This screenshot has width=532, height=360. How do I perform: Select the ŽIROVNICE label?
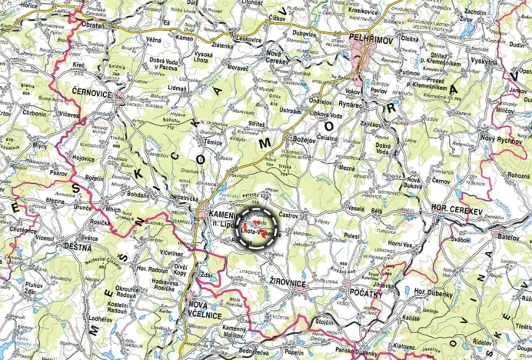coord(288,285)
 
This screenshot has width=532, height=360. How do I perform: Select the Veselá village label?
coord(355,208)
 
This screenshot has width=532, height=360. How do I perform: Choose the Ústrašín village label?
coord(290,110)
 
